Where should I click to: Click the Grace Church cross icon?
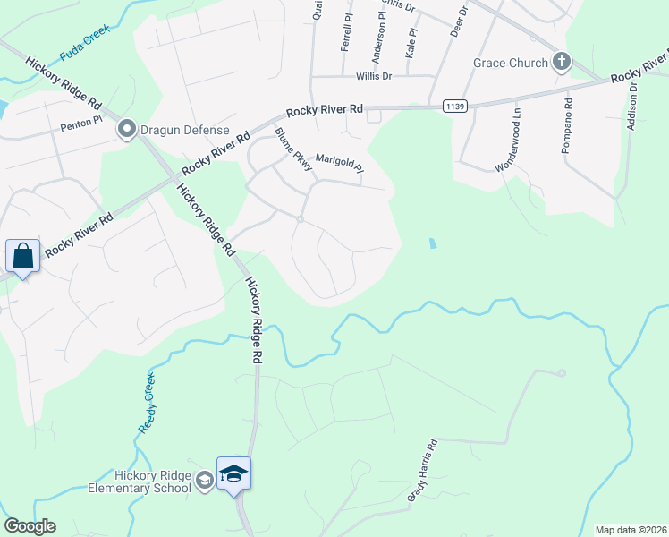[x=562, y=62]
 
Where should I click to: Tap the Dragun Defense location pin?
[x=126, y=131]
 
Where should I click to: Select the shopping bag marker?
[x=22, y=257]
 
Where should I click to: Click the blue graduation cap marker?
[x=233, y=473]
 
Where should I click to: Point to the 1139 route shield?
[x=453, y=106]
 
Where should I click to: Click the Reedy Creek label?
[x=148, y=403]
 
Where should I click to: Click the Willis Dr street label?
[x=375, y=77]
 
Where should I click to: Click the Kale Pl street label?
[x=411, y=42]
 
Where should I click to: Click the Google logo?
[x=30, y=526]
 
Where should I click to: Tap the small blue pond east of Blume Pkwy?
[x=433, y=243]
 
